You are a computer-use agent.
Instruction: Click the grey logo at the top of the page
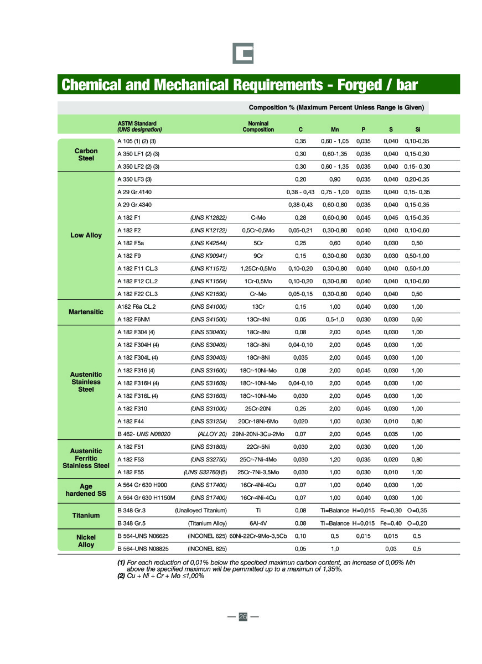(x=242, y=53)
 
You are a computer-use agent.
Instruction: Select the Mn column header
(x=335, y=129)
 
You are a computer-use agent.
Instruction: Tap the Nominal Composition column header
(x=258, y=127)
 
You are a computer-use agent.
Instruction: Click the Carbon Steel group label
(x=86, y=154)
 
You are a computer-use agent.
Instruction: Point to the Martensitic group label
(x=86, y=312)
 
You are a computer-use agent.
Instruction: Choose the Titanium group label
(x=86, y=516)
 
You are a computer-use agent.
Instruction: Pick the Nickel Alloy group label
(x=86, y=541)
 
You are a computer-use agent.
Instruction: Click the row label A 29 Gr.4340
(x=134, y=205)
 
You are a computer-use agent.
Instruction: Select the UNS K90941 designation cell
(x=209, y=256)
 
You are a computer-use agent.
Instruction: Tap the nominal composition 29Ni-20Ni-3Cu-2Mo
(x=258, y=434)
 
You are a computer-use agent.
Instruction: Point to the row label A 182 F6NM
(x=134, y=319)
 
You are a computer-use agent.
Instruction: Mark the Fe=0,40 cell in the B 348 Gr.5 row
(x=391, y=523)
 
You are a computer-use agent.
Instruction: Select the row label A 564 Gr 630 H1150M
(x=146, y=497)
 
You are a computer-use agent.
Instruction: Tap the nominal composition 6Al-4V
(x=258, y=523)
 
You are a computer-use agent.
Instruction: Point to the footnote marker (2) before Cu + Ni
(x=121, y=576)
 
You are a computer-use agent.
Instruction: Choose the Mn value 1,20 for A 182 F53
(x=335, y=459)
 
